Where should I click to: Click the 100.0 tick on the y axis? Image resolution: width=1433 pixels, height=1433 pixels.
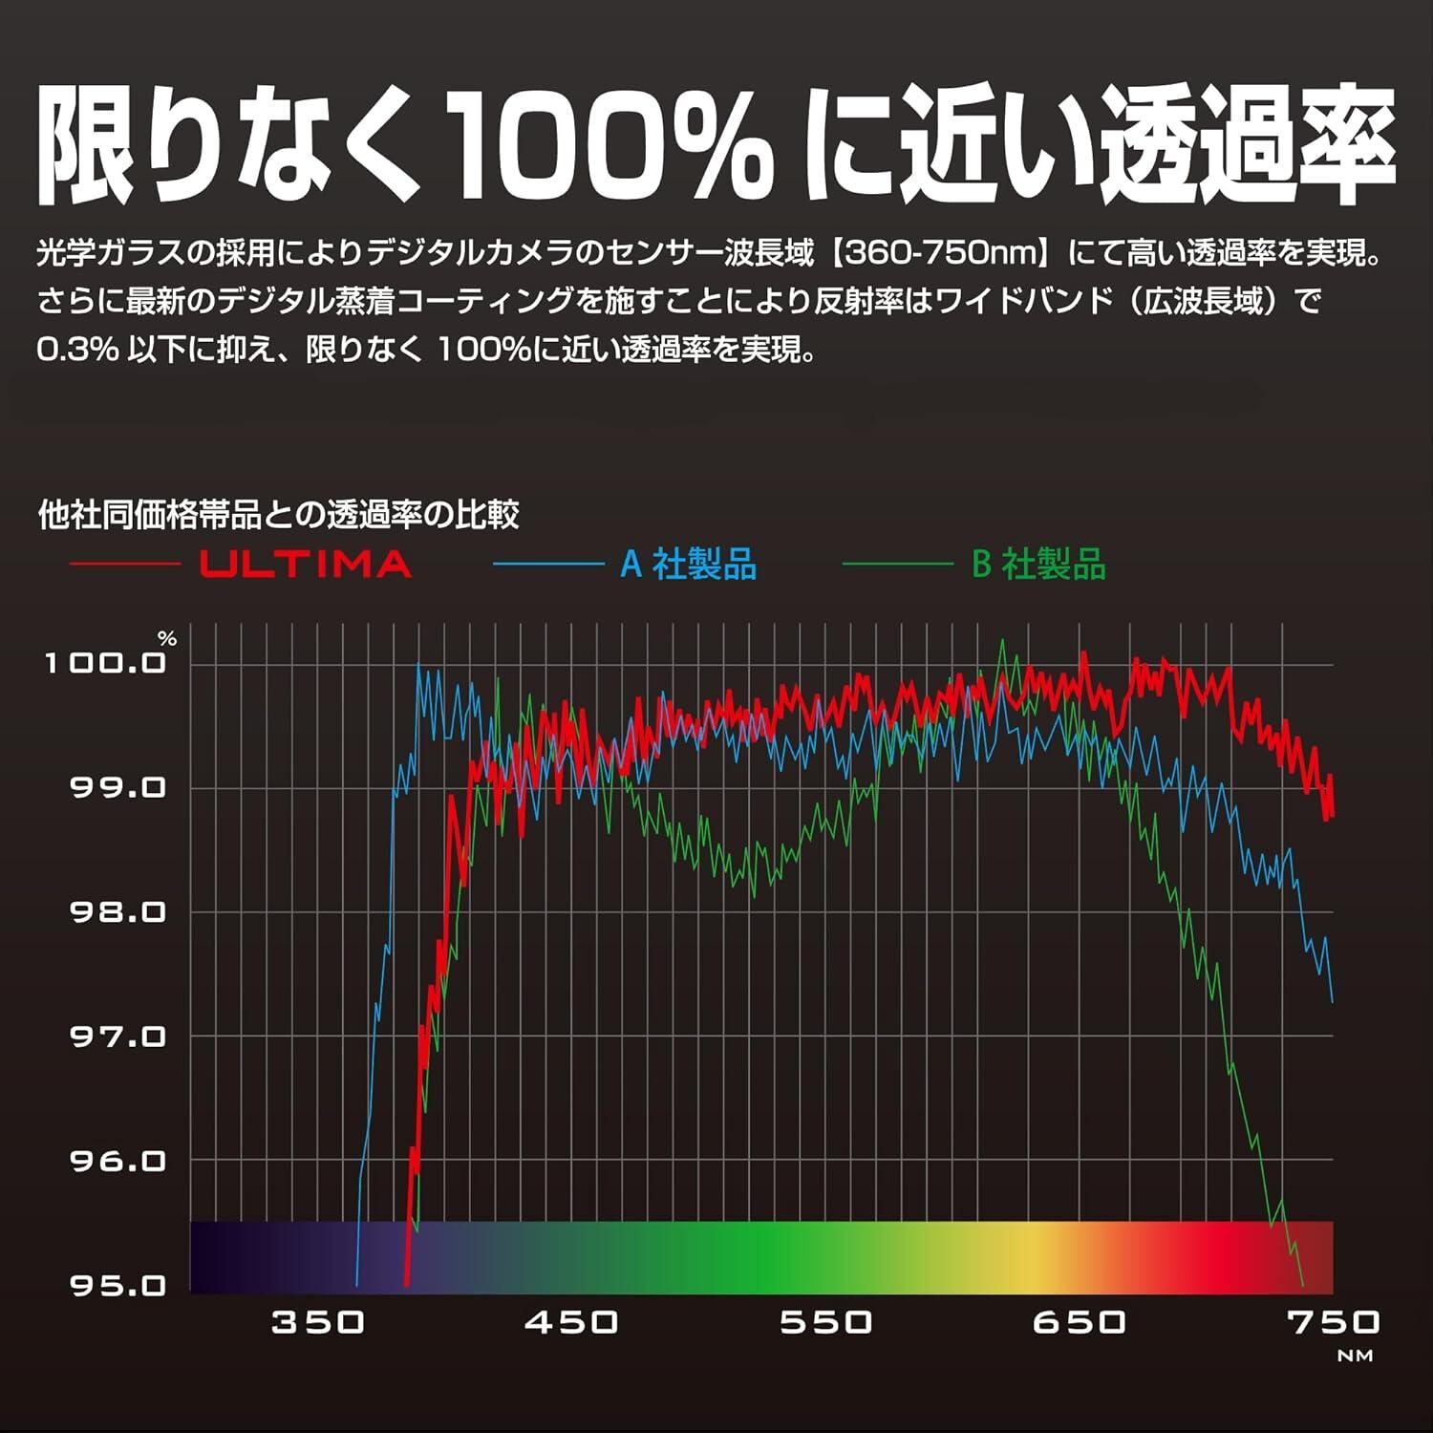click(x=105, y=662)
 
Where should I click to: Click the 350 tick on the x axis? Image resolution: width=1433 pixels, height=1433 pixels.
click(x=318, y=1322)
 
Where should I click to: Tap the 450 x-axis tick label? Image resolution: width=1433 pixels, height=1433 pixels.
click(x=571, y=1322)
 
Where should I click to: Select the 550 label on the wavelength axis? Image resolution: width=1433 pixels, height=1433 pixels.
click(x=825, y=1322)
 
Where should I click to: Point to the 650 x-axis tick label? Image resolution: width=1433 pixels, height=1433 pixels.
click(x=1079, y=1322)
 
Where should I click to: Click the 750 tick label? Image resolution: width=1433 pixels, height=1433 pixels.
click(x=1333, y=1322)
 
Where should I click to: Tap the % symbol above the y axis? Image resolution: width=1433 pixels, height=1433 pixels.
click(x=168, y=639)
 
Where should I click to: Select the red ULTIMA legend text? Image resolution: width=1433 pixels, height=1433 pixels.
click(x=306, y=565)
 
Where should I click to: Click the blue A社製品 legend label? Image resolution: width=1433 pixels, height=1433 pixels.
click(x=688, y=565)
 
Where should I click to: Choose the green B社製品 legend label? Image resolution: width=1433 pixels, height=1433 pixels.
click(x=1038, y=565)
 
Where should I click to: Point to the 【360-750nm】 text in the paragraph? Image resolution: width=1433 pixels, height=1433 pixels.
click(x=941, y=254)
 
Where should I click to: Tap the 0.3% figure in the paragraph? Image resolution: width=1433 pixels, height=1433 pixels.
click(x=77, y=350)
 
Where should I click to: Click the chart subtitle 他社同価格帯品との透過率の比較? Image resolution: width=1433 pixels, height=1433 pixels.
click(x=278, y=515)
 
